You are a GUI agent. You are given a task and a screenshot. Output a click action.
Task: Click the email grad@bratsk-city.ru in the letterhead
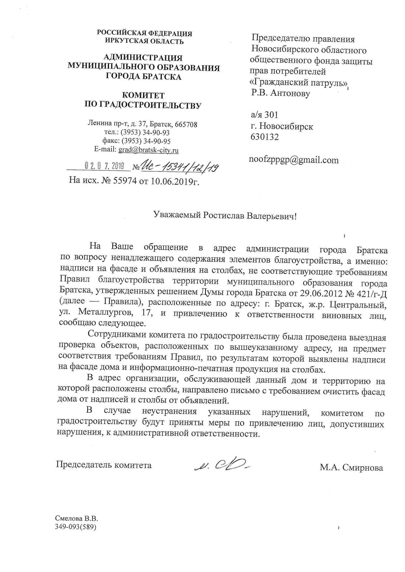tap(148, 150)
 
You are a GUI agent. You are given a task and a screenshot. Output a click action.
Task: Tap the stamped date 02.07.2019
tap(105, 166)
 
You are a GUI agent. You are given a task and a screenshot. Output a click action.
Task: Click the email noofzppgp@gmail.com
tap(294, 160)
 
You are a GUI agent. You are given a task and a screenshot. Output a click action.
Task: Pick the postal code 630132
tap(265, 137)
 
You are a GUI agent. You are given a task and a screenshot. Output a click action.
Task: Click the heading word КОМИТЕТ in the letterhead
tap(143, 96)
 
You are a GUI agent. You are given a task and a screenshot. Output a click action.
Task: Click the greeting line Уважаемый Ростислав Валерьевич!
tap(225, 216)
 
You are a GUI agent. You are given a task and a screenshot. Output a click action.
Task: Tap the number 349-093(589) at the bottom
tap(76, 527)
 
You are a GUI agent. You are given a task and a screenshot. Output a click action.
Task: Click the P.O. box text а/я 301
tap(264, 115)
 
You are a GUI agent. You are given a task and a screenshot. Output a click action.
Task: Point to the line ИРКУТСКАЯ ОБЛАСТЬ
tap(144, 41)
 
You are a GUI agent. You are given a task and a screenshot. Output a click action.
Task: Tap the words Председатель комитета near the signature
tap(104, 465)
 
